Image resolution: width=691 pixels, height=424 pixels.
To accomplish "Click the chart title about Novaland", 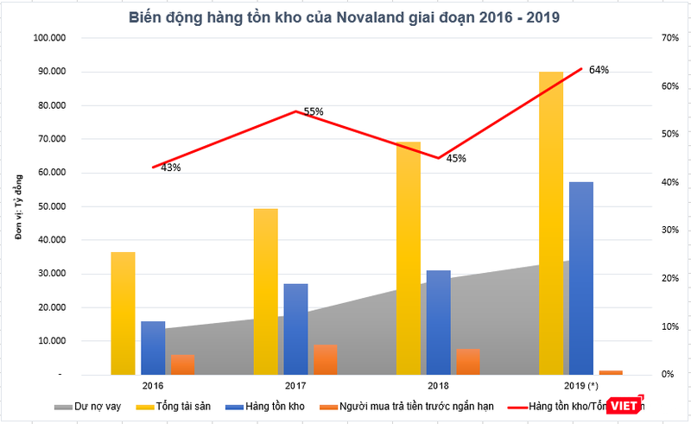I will [344, 17].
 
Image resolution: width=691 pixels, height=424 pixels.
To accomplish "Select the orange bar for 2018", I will [467, 361].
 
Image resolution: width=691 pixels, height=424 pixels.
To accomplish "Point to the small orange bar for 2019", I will [611, 372].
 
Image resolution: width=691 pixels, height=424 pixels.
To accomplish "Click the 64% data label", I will [599, 70].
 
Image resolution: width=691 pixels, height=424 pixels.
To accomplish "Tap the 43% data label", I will [170, 168].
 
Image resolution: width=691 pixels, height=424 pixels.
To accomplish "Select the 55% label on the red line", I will [313, 111].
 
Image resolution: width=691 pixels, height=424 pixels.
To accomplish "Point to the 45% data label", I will [456, 158].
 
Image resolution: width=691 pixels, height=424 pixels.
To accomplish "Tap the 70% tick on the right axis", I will [656, 38].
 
